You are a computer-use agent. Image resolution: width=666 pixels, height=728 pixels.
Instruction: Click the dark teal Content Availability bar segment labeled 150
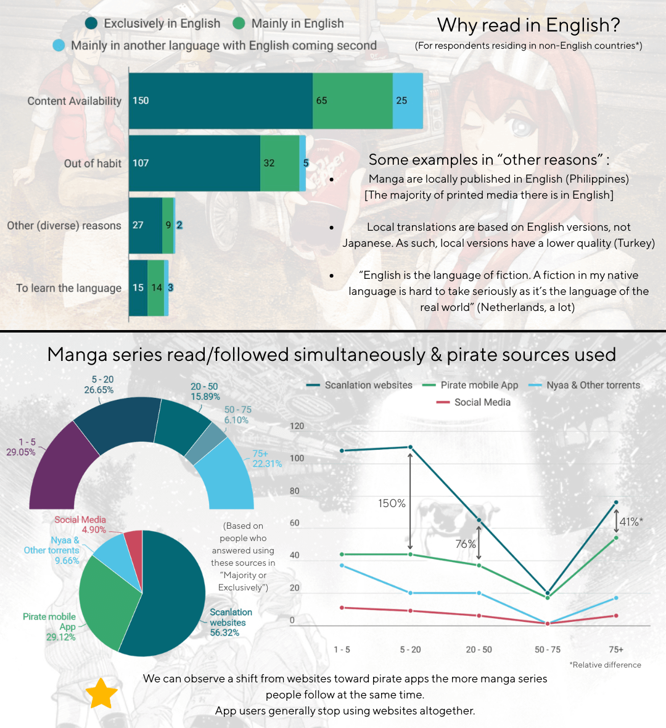pyautogui.click(x=221, y=101)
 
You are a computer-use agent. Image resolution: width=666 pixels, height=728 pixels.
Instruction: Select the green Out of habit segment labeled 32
pyautogui.click(x=279, y=163)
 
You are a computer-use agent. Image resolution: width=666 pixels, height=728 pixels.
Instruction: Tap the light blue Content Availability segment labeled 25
pyautogui.click(x=408, y=101)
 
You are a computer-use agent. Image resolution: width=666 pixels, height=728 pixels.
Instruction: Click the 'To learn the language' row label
pyautogui.click(x=69, y=288)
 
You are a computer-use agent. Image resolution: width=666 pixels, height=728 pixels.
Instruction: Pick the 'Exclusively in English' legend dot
pyautogui.click(x=91, y=23)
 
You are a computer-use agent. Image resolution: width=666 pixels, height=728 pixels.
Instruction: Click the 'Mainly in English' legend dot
pyautogui.click(x=239, y=23)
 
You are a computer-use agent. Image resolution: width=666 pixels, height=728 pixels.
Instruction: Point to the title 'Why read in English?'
pyautogui.click(x=528, y=25)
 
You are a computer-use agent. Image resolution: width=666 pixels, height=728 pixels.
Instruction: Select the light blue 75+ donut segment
pyautogui.click(x=228, y=475)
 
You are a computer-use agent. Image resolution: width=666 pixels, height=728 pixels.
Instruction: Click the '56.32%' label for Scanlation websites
pyautogui.click(x=224, y=633)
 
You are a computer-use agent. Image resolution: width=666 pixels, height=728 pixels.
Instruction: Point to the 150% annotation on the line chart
pyautogui.click(x=392, y=503)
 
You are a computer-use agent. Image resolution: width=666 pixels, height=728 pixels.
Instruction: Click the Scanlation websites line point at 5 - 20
pyautogui.click(x=411, y=447)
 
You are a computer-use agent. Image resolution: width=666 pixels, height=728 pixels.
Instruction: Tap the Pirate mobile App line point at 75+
pyautogui.click(x=616, y=537)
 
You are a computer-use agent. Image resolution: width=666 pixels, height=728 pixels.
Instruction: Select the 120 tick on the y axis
pyautogui.click(x=297, y=426)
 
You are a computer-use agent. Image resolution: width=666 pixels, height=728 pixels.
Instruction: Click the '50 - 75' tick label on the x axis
pyautogui.click(x=548, y=650)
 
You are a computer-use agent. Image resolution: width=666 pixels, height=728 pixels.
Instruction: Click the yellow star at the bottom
pyautogui.click(x=101, y=693)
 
